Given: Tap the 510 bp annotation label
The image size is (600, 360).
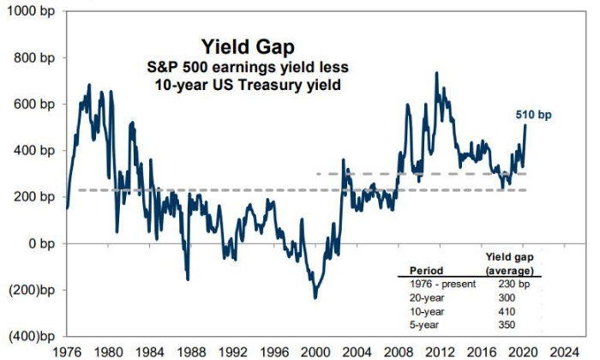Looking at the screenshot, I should (x=533, y=115).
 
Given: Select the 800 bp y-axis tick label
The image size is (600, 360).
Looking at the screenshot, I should (x=33, y=58).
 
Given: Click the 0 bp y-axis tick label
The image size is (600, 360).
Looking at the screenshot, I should (x=39, y=243).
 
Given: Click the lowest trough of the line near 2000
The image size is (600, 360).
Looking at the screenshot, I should (x=315, y=297).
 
